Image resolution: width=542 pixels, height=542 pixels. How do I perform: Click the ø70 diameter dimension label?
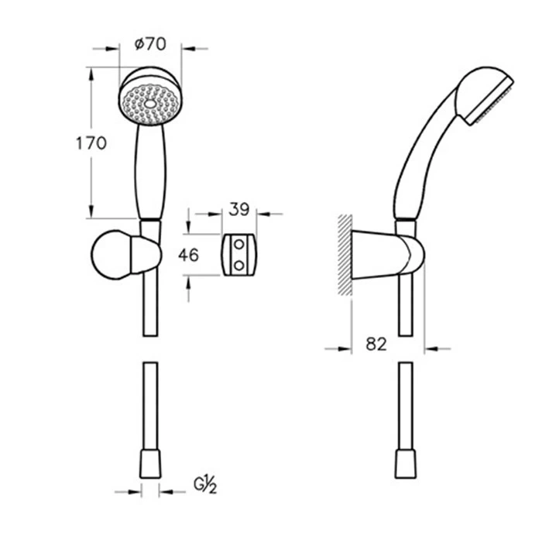[150, 44]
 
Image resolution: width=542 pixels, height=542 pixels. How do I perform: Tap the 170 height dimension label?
[91, 143]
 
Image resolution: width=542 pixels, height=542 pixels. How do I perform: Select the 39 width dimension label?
[238, 209]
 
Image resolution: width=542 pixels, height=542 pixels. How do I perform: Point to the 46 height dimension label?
[189, 255]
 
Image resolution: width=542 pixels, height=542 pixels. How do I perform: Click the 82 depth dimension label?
[376, 344]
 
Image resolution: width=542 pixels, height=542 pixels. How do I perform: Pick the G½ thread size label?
[205, 485]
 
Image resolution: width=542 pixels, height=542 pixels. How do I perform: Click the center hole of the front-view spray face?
[150, 104]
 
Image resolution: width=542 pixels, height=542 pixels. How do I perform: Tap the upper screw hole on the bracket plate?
[238, 245]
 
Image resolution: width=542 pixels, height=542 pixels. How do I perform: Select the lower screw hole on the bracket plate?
[238, 266]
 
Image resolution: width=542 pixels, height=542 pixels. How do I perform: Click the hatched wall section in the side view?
[345, 255]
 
